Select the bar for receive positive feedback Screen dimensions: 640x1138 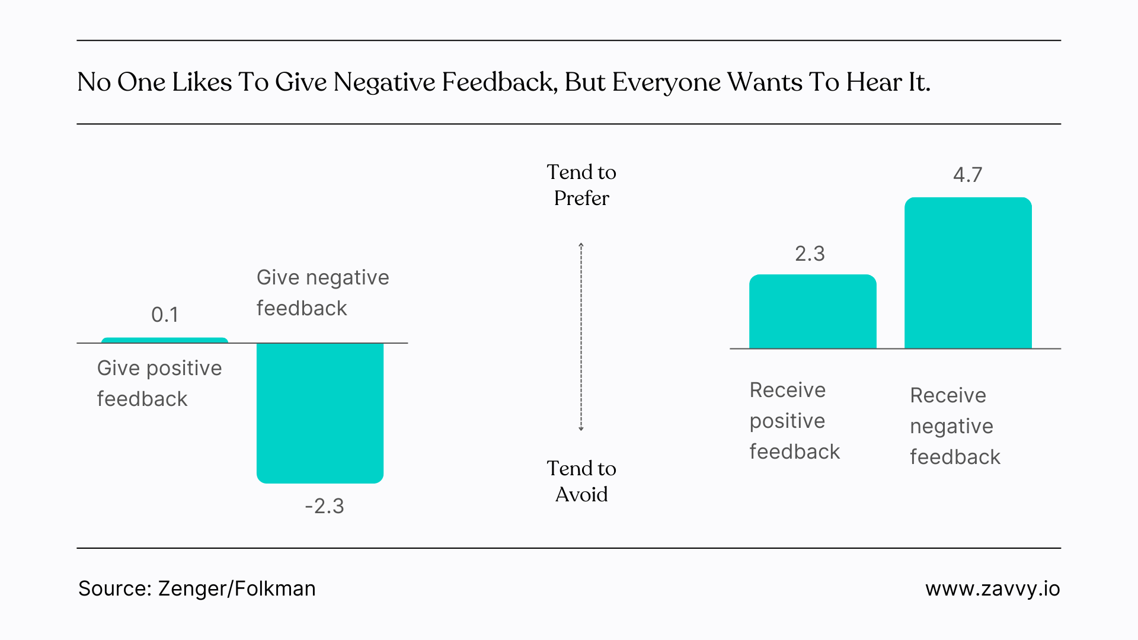(x=813, y=312)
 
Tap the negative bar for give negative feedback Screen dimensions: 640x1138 (x=320, y=413)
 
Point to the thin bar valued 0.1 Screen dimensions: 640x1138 (x=165, y=340)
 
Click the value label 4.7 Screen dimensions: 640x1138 (x=967, y=175)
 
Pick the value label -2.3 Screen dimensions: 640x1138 (x=324, y=506)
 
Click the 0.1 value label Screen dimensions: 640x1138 (x=165, y=315)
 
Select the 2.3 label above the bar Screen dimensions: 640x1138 (x=810, y=254)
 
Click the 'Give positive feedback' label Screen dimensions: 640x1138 (x=159, y=383)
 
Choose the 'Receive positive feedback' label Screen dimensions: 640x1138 (x=794, y=421)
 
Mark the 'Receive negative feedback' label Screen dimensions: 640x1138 (x=955, y=426)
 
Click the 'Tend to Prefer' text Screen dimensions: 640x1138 (x=581, y=185)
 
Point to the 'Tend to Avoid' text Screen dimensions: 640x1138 (x=581, y=481)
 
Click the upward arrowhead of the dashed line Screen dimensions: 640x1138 (x=581, y=245)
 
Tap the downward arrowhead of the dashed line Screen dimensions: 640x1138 (x=581, y=428)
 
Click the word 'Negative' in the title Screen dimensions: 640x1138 (x=384, y=82)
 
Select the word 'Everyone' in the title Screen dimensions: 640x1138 (x=666, y=82)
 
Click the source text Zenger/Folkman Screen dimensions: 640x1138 (x=236, y=588)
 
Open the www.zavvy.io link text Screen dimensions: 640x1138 (x=992, y=588)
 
